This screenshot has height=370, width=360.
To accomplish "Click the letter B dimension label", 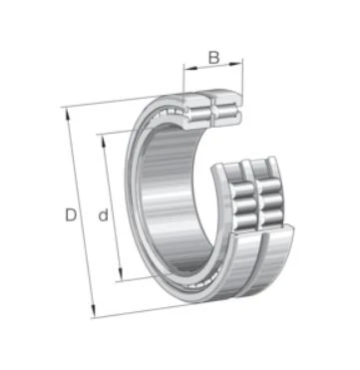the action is pos(213,57).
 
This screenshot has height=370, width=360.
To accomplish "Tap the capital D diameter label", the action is pos(71,215).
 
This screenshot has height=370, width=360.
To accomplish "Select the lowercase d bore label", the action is pos(104,215).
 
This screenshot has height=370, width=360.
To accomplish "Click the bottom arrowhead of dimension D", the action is pos(94,310).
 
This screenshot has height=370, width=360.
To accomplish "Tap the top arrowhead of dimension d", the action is pos(104,142).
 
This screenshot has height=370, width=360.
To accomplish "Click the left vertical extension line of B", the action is pos(183,79).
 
